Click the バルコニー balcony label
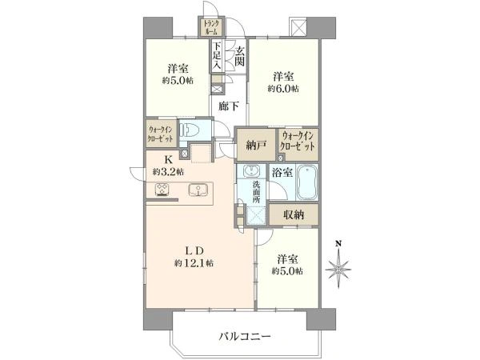point(245,337)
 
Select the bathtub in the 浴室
point(306,182)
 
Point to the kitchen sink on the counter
point(197,190)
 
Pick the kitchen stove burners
point(162,190)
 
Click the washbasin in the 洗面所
point(252,171)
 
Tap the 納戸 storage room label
point(256,145)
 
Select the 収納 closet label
point(294,214)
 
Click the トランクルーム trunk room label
point(211,27)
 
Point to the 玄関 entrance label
point(240,55)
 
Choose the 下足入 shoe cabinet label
point(217,55)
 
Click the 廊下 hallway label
point(229,106)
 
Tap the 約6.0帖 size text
point(283,89)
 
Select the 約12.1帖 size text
point(194,262)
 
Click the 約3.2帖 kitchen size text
point(168,172)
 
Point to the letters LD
point(194,251)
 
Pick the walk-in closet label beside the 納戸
point(298,141)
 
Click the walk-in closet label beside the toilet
point(161,134)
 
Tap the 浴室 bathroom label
point(282,172)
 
